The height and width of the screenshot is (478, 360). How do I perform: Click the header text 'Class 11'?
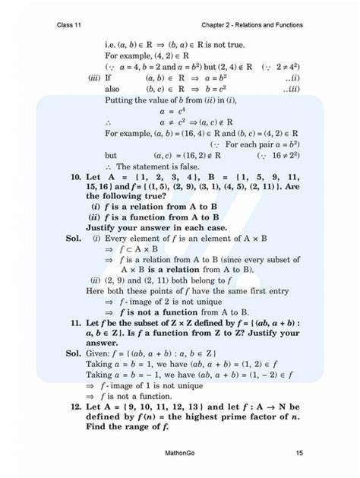69,24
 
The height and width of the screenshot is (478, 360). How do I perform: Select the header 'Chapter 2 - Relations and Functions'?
248,24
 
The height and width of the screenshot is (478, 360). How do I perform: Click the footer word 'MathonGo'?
179,454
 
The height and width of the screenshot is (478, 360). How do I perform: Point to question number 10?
74,175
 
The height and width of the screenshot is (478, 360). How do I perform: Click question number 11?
74,322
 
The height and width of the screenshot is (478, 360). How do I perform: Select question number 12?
74,407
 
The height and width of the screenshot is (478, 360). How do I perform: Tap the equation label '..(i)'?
290,78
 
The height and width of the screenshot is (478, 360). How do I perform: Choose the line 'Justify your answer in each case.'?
163,227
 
